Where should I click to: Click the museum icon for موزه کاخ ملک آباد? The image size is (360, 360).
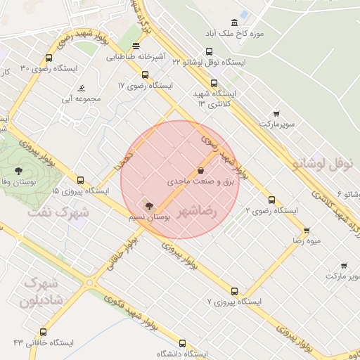[244, 15]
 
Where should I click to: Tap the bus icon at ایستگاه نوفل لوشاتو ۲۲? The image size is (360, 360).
[209, 51]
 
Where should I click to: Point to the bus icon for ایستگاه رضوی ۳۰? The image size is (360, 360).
[49, 58]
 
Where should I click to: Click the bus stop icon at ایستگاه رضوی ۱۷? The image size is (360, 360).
[145, 75]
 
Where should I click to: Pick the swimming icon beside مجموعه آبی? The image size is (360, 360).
[82, 89]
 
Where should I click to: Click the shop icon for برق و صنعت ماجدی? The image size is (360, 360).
[201, 170]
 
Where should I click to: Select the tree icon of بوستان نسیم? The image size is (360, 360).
[148, 205]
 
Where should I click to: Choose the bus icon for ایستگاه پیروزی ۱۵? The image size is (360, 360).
[80, 180]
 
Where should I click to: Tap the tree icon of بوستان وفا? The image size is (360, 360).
[18, 170]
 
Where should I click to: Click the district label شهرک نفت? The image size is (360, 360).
[60, 211]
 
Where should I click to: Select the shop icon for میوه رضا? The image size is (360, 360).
[307, 231]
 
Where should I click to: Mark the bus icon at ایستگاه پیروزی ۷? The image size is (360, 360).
[234, 291]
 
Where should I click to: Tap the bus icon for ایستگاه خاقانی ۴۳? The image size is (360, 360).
[44, 332]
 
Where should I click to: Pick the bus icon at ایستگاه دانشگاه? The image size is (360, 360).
[183, 344]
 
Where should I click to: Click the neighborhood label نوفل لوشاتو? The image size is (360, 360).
[325, 163]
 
